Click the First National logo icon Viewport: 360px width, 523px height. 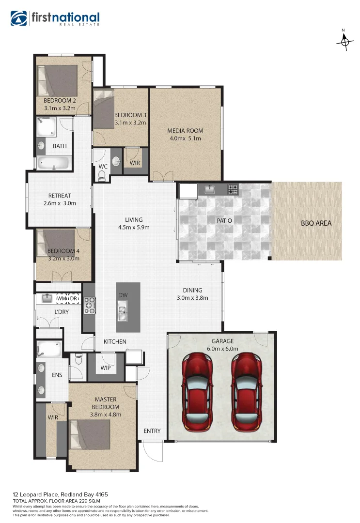(x=19, y=18)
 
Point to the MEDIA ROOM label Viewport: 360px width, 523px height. (x=185, y=130)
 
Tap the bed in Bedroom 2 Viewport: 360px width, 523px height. (x=57, y=81)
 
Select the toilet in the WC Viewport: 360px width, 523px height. (x=101, y=177)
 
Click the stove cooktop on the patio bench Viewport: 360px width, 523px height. (x=233, y=188)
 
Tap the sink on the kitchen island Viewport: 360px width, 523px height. (x=122, y=311)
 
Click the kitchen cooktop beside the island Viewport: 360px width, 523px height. (x=90, y=305)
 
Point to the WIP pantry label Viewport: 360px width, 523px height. (x=106, y=368)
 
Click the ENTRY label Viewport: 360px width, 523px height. (x=152, y=431)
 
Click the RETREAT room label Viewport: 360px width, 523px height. (x=60, y=196)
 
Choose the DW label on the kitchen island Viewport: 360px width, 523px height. (x=122, y=295)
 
